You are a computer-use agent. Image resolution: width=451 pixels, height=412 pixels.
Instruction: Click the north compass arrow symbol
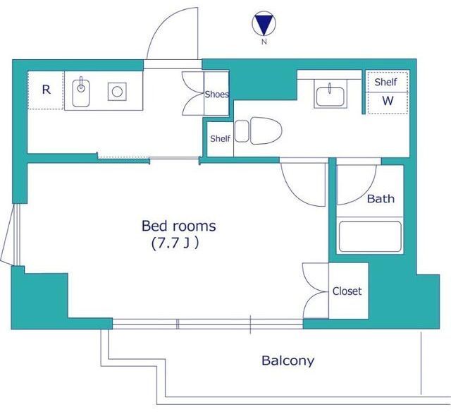(x=264, y=23)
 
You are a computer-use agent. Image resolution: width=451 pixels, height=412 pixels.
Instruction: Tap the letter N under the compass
(x=264, y=42)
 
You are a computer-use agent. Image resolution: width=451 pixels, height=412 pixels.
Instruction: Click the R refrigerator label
(x=47, y=90)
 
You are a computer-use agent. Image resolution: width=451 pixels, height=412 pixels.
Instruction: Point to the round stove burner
(x=117, y=92)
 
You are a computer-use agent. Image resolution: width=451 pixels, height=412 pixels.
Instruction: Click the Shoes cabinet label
(x=217, y=94)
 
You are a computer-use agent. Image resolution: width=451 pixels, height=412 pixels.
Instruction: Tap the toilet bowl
(x=266, y=131)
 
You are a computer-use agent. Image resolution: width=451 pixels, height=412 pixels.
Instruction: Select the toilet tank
(x=242, y=131)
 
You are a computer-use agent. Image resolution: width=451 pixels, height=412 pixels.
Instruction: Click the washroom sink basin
(x=330, y=97)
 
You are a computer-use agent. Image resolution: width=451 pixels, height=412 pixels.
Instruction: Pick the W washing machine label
(x=388, y=101)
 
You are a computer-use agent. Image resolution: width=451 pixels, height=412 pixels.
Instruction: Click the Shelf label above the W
(x=385, y=82)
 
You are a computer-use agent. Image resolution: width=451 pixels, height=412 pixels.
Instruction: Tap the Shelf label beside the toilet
(x=220, y=138)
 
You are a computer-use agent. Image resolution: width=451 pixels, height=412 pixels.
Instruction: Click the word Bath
(x=381, y=199)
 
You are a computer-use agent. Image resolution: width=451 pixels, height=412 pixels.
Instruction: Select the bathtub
(x=370, y=236)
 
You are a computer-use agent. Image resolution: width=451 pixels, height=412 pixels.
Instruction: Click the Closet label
(x=347, y=291)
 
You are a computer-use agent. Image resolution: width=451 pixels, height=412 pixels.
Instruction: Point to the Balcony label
(x=288, y=360)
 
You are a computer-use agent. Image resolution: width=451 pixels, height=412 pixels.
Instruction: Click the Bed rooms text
(x=178, y=226)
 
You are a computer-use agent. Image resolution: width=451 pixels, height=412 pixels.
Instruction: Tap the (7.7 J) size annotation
(x=175, y=243)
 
